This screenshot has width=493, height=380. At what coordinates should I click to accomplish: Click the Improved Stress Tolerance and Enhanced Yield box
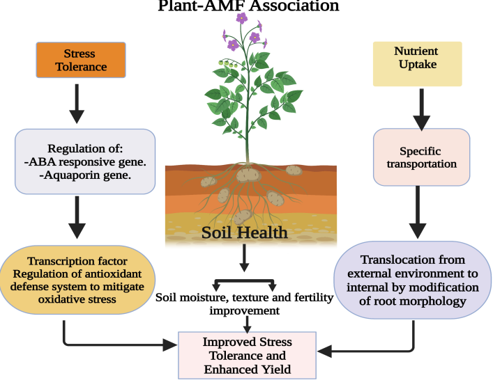point(247,355)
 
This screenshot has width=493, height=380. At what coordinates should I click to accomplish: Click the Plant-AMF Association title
point(248,6)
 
